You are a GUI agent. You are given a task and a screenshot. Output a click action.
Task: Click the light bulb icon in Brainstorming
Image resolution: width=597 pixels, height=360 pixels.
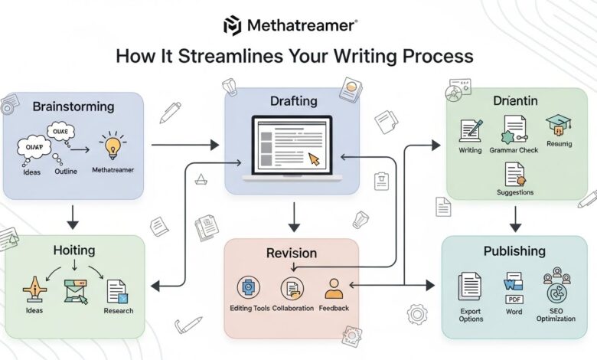pos(113,146)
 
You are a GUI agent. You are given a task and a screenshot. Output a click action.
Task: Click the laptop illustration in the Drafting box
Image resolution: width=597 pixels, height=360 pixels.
pos(292,148)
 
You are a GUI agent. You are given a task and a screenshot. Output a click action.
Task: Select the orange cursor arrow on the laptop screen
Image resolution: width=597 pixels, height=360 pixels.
pos(314,159)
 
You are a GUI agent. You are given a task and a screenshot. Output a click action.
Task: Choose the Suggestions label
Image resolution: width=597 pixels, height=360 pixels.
pos(515,192)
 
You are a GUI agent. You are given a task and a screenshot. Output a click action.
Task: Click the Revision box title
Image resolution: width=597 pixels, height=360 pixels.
pos(291,252)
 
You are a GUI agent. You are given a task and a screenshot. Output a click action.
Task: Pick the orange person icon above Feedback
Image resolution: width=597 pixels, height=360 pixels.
pos(333,289)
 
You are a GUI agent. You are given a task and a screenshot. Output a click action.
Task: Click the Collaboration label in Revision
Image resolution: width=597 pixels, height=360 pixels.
pos(293,308)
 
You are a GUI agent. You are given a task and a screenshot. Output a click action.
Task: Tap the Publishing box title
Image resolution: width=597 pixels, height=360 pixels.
pos(514,250)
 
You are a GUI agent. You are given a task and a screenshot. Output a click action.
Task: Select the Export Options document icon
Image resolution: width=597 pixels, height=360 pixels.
pos(470,286)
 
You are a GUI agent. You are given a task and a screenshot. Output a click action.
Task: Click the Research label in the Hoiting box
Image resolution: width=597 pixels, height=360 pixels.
pos(119,310)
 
